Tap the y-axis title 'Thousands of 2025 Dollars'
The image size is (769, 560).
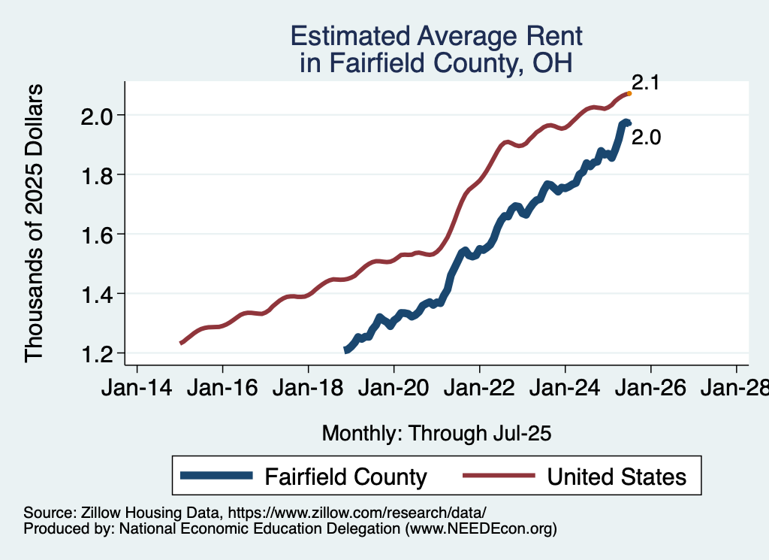(35, 223)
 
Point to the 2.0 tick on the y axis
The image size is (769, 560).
(98, 116)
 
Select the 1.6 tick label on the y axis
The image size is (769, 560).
(98, 235)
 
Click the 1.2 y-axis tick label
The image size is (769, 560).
(98, 353)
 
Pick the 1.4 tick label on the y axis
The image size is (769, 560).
(98, 294)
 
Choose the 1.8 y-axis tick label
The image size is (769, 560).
(98, 175)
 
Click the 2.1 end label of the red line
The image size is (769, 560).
(645, 83)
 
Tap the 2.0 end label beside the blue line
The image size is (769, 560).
(645, 138)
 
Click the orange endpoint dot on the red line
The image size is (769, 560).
(629, 93)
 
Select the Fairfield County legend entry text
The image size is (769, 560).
(345, 477)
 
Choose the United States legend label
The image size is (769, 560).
(617, 477)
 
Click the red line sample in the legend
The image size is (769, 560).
(499, 477)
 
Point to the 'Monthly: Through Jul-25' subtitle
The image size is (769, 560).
(436, 434)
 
